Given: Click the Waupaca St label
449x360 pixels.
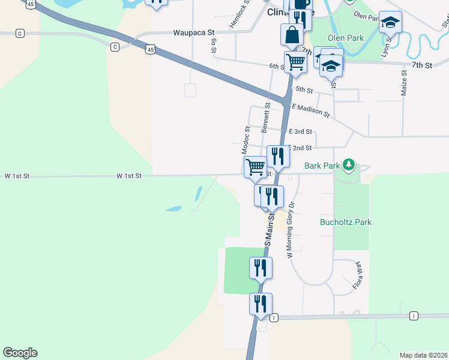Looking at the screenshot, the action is pos(194,33).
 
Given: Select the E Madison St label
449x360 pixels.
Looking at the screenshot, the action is pos(310,110).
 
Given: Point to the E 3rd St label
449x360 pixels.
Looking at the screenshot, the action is pos(300,131).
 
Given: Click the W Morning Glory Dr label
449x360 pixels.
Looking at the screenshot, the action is pos(291,230).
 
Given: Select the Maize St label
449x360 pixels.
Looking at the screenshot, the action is pos(403,82).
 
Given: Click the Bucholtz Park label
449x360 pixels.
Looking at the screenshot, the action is pos(346,222).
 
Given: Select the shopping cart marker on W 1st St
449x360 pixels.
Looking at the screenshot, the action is pos(256,167).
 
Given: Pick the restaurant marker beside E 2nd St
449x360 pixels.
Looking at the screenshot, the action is pos(278,157).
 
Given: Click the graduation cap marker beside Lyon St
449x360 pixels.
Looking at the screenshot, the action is pos(390,23).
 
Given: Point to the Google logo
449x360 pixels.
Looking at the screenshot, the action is pos(20,353).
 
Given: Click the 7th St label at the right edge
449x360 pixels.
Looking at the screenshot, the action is pos(422,65).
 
